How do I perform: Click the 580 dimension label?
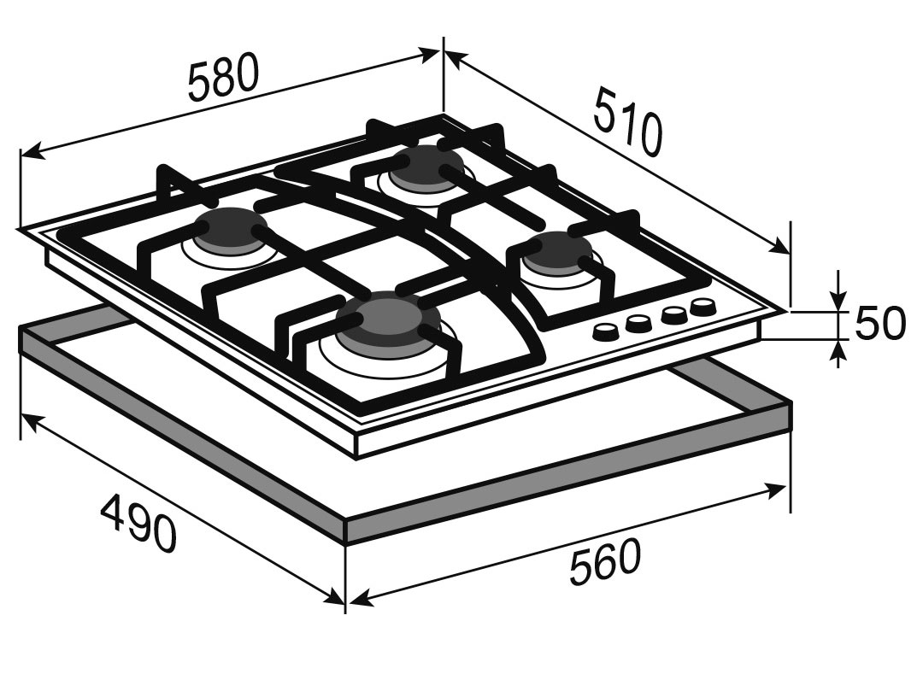(223, 77)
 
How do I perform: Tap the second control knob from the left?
(637, 323)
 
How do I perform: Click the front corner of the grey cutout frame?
(346, 520)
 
